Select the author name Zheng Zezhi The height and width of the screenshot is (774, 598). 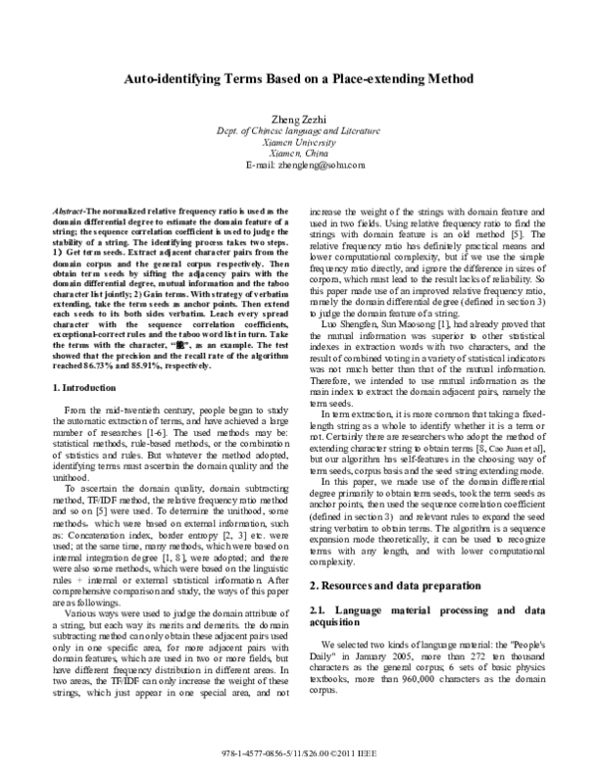(x=298, y=119)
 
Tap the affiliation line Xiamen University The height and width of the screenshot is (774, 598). (x=298, y=143)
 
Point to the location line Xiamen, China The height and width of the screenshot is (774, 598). (x=298, y=155)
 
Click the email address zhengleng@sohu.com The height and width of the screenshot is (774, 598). (x=298, y=167)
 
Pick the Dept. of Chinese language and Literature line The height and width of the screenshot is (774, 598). (x=298, y=131)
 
